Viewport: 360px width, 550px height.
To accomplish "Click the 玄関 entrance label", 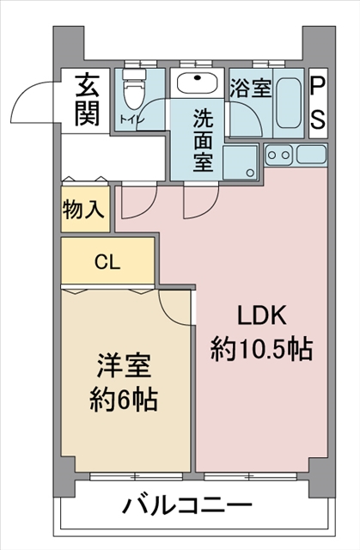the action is [x=87, y=100].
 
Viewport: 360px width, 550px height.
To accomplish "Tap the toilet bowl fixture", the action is [x=133, y=89].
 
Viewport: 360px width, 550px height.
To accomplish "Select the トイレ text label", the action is [x=131, y=119].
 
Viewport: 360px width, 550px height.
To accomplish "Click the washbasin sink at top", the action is [x=197, y=82].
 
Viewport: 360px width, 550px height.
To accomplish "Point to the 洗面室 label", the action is [x=203, y=140].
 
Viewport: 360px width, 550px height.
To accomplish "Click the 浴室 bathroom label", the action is [x=251, y=88].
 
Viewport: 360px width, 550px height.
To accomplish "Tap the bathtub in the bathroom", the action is [x=288, y=103].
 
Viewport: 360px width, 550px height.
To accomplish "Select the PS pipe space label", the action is [x=318, y=103].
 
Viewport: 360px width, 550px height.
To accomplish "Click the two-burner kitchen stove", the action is [x=278, y=155].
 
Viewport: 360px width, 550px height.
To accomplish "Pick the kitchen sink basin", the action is [x=312, y=155].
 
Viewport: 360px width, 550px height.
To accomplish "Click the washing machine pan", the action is [x=240, y=162].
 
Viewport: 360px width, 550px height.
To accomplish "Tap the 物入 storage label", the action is [x=83, y=210].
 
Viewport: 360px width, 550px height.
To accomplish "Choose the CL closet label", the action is [x=107, y=261].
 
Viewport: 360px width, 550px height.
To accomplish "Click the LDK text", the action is [x=262, y=315].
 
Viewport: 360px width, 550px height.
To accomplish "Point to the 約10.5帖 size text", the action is [x=261, y=349].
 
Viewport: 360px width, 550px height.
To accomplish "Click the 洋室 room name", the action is [x=125, y=367].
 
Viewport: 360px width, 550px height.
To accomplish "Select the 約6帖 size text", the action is [x=123, y=400].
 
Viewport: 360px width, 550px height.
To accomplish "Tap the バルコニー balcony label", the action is [x=187, y=505].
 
